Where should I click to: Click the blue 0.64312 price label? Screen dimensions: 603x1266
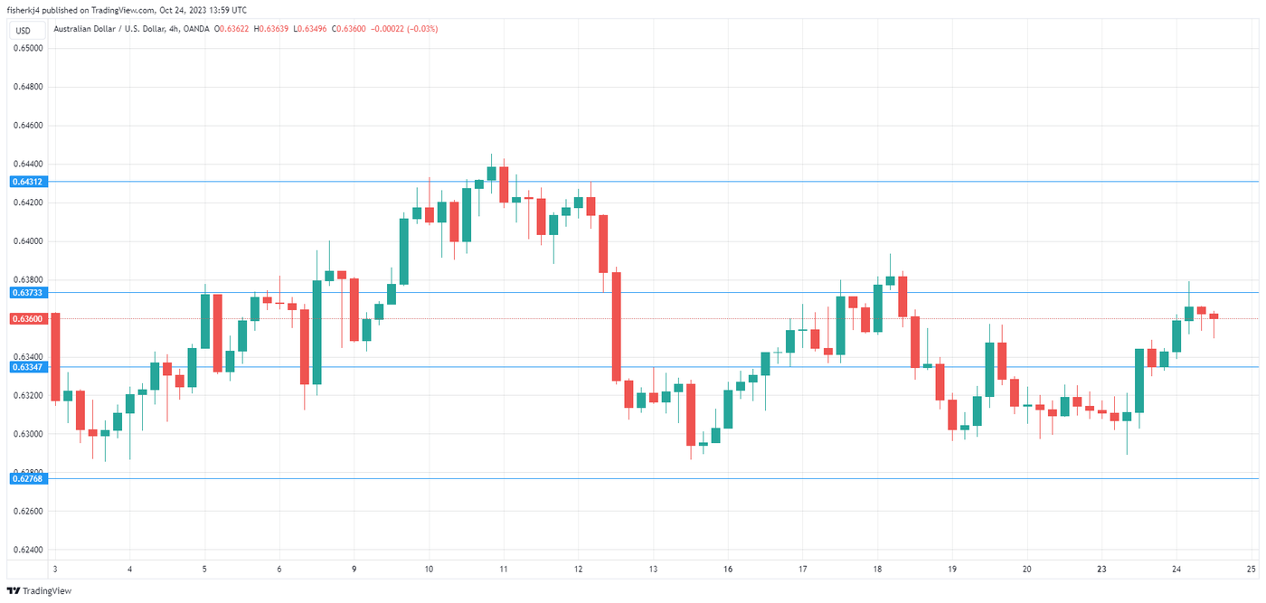point(27,182)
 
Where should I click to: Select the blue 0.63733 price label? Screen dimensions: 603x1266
point(27,293)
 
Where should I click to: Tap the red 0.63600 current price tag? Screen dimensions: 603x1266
point(27,318)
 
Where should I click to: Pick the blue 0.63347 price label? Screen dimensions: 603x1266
point(27,367)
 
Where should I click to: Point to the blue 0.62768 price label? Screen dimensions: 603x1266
point(27,478)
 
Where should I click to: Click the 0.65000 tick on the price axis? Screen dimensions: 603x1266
point(27,48)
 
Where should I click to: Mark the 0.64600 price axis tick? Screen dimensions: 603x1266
point(27,126)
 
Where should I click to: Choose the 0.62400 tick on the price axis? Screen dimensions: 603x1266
point(27,550)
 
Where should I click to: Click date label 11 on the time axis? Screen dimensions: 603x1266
point(503,569)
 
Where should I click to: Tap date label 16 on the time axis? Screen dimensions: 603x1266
point(728,569)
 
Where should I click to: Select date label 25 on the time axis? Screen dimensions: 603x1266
point(1251,569)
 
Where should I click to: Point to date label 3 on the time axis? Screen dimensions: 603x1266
point(55,569)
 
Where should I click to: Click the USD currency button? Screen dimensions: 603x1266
point(24,30)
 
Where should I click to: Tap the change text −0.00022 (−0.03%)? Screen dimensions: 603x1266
point(407,29)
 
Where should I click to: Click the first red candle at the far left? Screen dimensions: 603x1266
point(55,356)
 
